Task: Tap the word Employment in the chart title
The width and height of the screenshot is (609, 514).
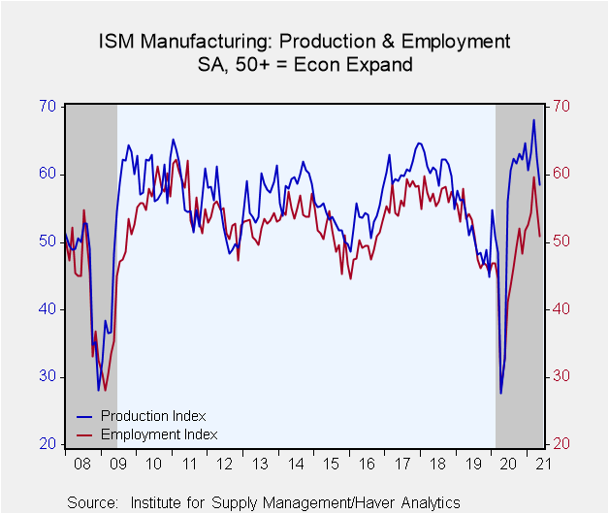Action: click(456, 42)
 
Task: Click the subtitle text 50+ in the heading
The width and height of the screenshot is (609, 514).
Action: click(252, 65)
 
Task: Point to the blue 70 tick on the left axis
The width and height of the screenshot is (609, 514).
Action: click(48, 106)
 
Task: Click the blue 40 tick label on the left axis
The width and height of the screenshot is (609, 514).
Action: click(48, 308)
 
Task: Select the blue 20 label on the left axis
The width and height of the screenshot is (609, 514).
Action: click(48, 443)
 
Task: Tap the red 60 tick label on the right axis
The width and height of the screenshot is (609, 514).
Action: click(561, 174)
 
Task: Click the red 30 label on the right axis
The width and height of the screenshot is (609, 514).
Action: click(561, 376)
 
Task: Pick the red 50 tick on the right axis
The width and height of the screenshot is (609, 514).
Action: click(561, 241)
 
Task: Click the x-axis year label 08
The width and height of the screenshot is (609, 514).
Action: click(82, 464)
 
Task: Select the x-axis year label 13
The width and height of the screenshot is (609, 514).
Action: click(260, 464)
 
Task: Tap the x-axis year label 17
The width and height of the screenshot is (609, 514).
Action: click(402, 464)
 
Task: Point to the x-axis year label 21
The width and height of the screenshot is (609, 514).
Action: click(544, 464)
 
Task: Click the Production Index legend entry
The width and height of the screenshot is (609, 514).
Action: click(141, 416)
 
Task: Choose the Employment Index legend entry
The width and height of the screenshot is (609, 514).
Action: click(146, 434)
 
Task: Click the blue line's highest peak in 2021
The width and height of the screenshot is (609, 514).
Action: click(533, 120)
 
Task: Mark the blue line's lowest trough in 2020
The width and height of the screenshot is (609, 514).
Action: click(501, 393)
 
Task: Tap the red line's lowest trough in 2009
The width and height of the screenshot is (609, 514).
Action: click(105, 391)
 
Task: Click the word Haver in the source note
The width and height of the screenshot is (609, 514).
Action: click(375, 502)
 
